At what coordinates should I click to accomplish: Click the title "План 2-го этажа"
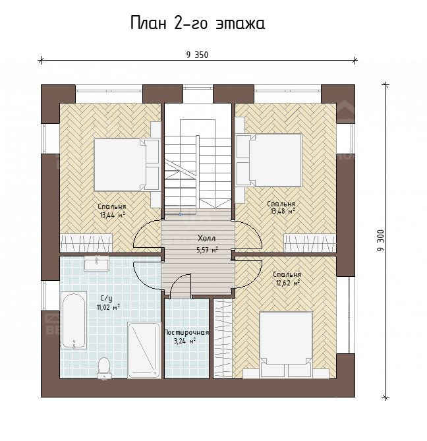point(198,23)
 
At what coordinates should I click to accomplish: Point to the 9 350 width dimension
point(197,55)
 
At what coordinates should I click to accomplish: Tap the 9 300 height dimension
point(381,241)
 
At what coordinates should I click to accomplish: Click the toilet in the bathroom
point(103,367)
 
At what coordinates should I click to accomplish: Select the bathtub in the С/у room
point(74,320)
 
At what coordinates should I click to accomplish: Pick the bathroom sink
point(96,264)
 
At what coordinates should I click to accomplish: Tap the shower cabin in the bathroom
point(144,350)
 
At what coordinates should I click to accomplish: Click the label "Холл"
point(207,239)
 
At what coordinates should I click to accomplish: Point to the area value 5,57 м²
point(207,249)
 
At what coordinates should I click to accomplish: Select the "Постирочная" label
point(186,332)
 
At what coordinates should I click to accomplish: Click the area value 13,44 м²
point(112,215)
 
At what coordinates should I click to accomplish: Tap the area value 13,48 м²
point(283,211)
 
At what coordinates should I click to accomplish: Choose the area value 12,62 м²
point(288,283)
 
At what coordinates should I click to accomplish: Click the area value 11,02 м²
point(108,307)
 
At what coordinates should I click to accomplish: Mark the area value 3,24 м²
point(185,341)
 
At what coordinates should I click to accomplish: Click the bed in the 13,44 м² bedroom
point(127,165)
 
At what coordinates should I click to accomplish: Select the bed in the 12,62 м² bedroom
point(286,344)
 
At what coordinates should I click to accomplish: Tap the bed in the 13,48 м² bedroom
point(269,160)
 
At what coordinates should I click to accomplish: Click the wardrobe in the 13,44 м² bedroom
point(86,243)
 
